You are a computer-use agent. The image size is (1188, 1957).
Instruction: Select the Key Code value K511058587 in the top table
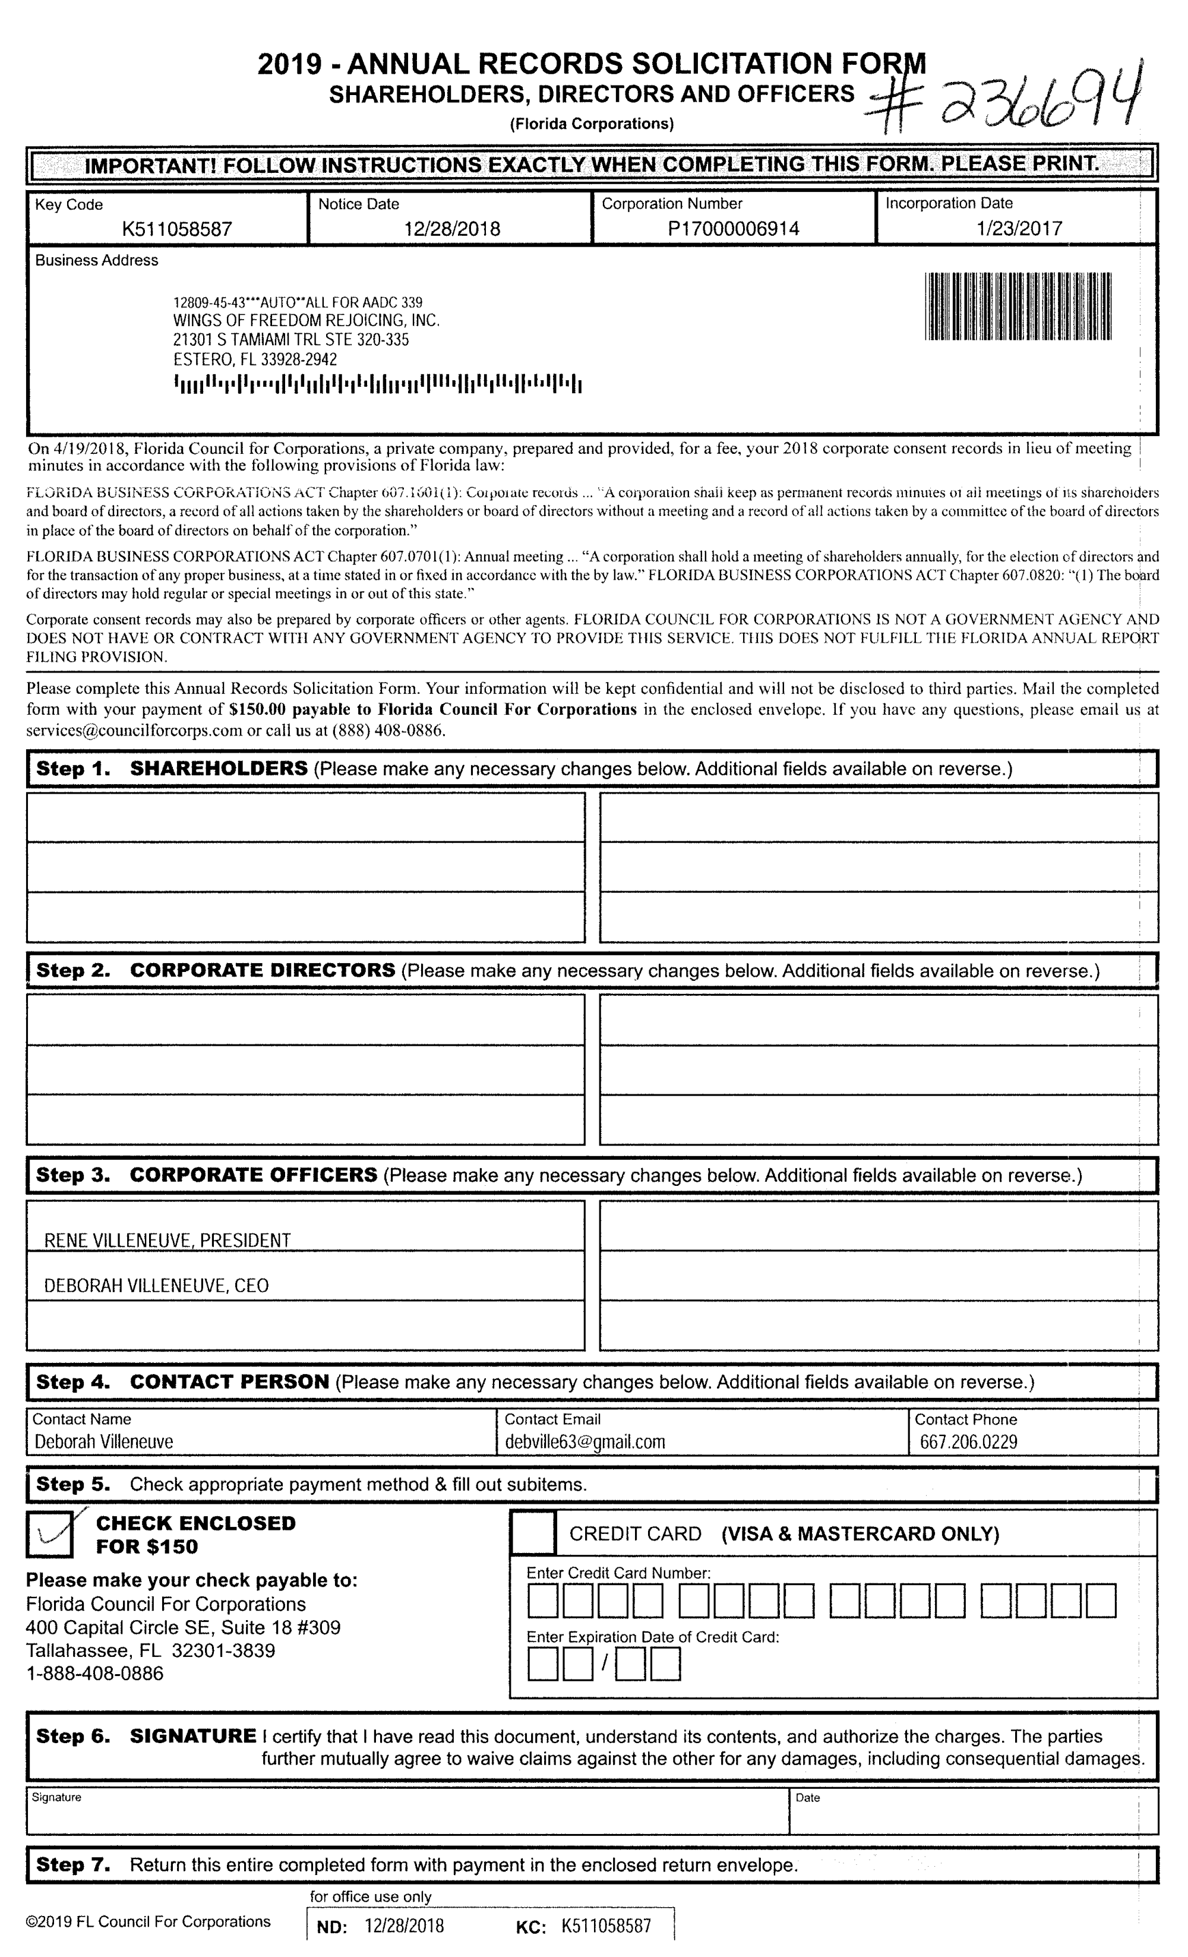(176, 229)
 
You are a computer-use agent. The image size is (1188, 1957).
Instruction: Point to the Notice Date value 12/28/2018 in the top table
(452, 229)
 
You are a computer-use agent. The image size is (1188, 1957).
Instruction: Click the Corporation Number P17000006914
(733, 229)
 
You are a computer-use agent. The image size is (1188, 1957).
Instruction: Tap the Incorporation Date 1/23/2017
(1019, 229)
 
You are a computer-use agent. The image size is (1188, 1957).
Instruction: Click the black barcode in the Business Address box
(1018, 307)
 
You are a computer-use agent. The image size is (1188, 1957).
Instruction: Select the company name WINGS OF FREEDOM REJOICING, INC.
(307, 321)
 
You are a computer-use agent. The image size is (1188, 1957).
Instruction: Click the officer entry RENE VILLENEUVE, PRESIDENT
(168, 1241)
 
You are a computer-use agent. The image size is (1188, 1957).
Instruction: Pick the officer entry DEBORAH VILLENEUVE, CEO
(156, 1286)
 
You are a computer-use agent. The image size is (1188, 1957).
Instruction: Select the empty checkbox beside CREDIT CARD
(532, 1532)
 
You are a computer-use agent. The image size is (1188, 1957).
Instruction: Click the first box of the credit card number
(542, 1601)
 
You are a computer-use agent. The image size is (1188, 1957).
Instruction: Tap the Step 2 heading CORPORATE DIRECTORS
(262, 971)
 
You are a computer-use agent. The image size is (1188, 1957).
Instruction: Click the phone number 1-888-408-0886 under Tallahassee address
(94, 1674)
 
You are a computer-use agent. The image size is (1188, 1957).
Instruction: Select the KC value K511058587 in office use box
(606, 1926)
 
